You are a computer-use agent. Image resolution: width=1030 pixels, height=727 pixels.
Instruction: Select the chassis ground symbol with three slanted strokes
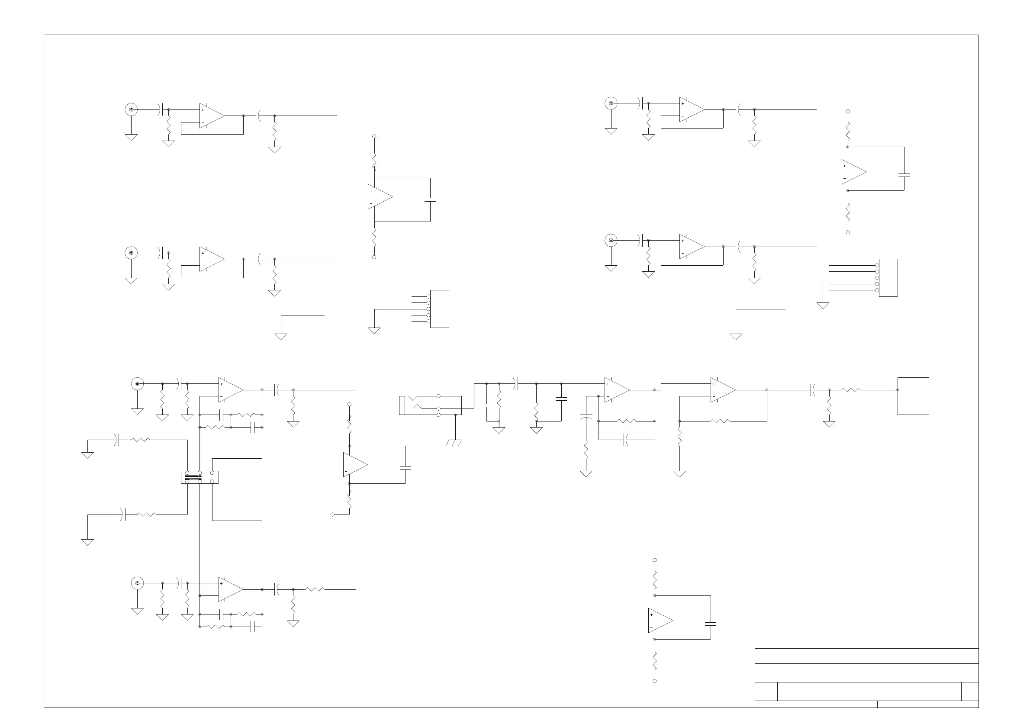454,443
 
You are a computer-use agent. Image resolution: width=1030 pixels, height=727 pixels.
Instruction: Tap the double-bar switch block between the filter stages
200,477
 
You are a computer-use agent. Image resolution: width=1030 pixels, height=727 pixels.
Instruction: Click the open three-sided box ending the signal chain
912,396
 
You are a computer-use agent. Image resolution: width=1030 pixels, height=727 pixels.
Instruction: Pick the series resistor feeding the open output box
851,390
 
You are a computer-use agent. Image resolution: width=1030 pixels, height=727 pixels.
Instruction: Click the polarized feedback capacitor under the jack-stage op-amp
626,440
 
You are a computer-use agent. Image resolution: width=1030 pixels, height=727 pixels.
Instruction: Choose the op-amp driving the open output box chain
723,390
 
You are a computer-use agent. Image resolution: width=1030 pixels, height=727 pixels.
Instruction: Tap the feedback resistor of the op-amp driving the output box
721,421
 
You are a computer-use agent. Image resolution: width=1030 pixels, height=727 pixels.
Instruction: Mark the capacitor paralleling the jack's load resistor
486,405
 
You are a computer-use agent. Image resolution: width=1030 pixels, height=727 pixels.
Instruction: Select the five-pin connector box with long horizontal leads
888,278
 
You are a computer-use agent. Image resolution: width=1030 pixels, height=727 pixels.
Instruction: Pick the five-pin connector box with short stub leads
439,309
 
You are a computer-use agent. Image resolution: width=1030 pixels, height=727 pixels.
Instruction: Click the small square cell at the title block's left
766,692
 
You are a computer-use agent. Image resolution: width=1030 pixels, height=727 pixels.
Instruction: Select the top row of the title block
866,656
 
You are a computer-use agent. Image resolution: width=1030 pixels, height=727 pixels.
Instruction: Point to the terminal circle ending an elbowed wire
332,515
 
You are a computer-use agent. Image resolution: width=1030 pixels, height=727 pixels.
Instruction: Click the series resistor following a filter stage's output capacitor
315,589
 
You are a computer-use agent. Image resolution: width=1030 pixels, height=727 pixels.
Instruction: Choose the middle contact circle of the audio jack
438,409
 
